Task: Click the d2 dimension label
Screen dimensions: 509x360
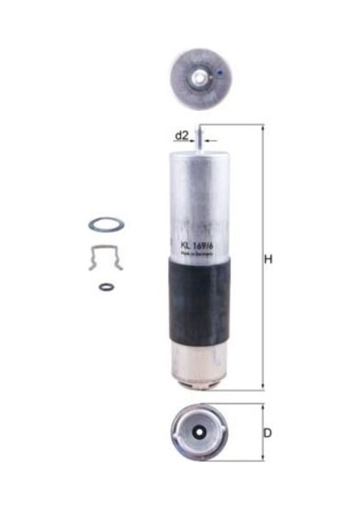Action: (x=180, y=135)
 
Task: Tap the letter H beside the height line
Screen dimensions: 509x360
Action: (x=268, y=259)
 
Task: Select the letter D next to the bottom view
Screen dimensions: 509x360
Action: (x=267, y=433)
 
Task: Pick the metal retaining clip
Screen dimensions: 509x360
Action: (x=105, y=256)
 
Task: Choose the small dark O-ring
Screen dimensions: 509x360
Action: (x=104, y=287)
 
